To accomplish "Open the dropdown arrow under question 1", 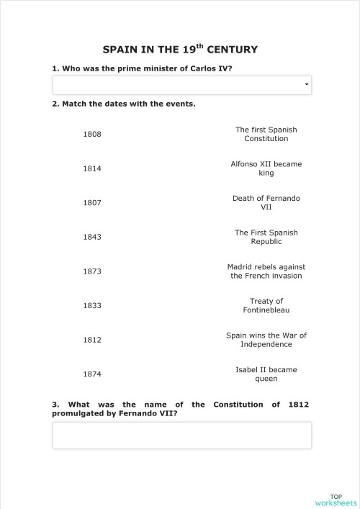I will [x=307, y=86].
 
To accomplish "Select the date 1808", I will [x=92, y=135].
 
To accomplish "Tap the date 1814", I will [x=92, y=168].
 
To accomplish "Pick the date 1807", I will [x=92, y=203].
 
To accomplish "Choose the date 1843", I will [x=92, y=237].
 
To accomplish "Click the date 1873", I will [x=92, y=271].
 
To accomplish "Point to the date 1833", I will [x=92, y=305].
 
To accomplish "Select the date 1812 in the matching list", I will [x=92, y=340].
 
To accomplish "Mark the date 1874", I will [x=92, y=374].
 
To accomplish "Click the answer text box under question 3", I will [x=181, y=435].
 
